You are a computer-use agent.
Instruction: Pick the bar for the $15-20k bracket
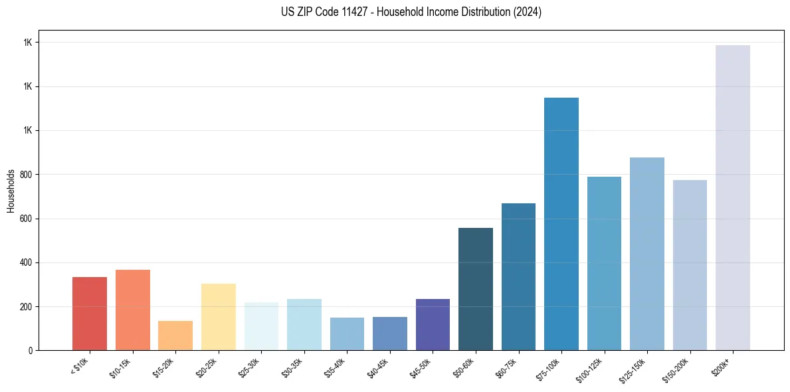[x=175, y=336]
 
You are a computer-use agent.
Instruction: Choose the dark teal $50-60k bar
[x=476, y=289]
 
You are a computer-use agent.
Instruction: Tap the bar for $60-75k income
[x=518, y=276]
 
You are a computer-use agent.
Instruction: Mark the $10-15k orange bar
[x=133, y=310]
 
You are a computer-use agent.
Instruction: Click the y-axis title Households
[x=11, y=190]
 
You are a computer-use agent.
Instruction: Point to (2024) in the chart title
[x=528, y=12]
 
